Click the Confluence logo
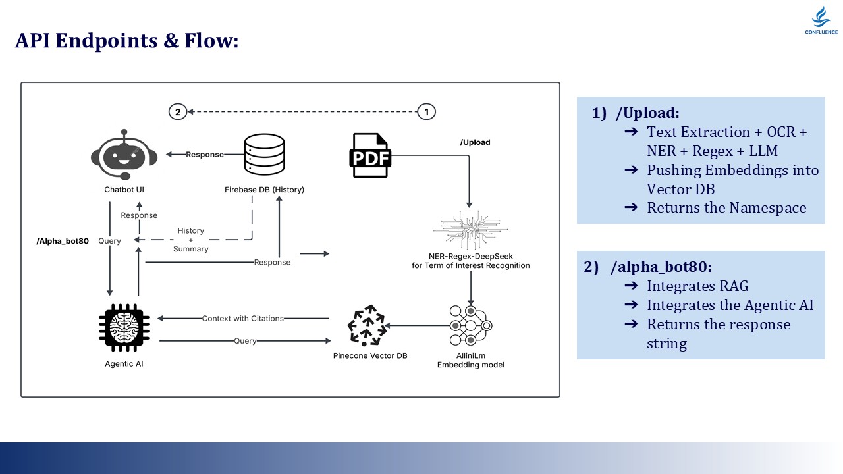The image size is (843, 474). (820, 20)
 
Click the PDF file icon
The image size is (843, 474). (370, 155)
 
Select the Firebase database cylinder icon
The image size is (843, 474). (263, 155)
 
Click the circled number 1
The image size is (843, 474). (427, 112)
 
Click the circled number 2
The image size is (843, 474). (177, 112)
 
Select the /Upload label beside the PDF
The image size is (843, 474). (475, 142)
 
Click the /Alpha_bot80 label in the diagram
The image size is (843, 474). (63, 241)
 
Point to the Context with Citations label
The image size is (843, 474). (243, 319)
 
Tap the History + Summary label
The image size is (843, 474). (191, 240)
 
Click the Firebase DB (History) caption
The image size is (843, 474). (264, 190)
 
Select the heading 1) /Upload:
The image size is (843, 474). (636, 113)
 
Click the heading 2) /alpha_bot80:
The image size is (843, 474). (648, 267)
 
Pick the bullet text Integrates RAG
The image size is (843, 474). (697, 286)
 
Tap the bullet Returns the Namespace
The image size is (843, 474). (726, 208)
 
